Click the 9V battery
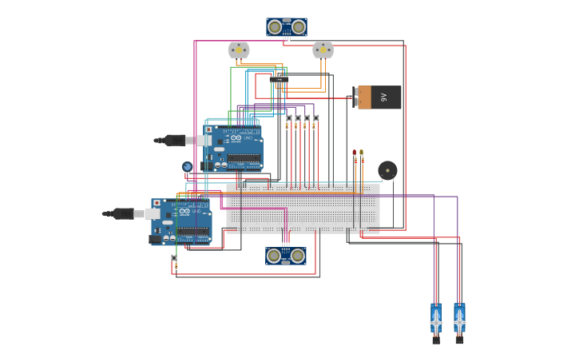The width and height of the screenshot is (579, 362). coord(378,97)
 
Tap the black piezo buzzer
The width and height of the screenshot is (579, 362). coord(387,170)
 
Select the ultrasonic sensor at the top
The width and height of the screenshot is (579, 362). coord(287,27)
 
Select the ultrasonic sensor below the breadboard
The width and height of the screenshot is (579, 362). coord(286,256)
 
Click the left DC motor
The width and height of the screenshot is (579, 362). coord(239,50)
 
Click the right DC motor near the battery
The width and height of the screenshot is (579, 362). coord(323,50)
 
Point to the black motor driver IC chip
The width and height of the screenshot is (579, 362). coord(279,79)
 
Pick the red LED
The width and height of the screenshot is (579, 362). coord(355,152)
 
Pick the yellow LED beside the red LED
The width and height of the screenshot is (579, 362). coord(361,152)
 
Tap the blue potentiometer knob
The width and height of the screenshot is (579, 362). coord(187,167)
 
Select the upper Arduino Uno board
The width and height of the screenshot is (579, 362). coord(233,148)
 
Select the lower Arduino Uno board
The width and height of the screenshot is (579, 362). coord(182,221)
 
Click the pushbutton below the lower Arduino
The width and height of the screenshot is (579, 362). coord(174,258)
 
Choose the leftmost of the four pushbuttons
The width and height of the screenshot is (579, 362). coord(288,118)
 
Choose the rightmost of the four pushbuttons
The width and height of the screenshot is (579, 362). coord(315,118)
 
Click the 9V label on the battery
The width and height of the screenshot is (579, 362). coord(384,97)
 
